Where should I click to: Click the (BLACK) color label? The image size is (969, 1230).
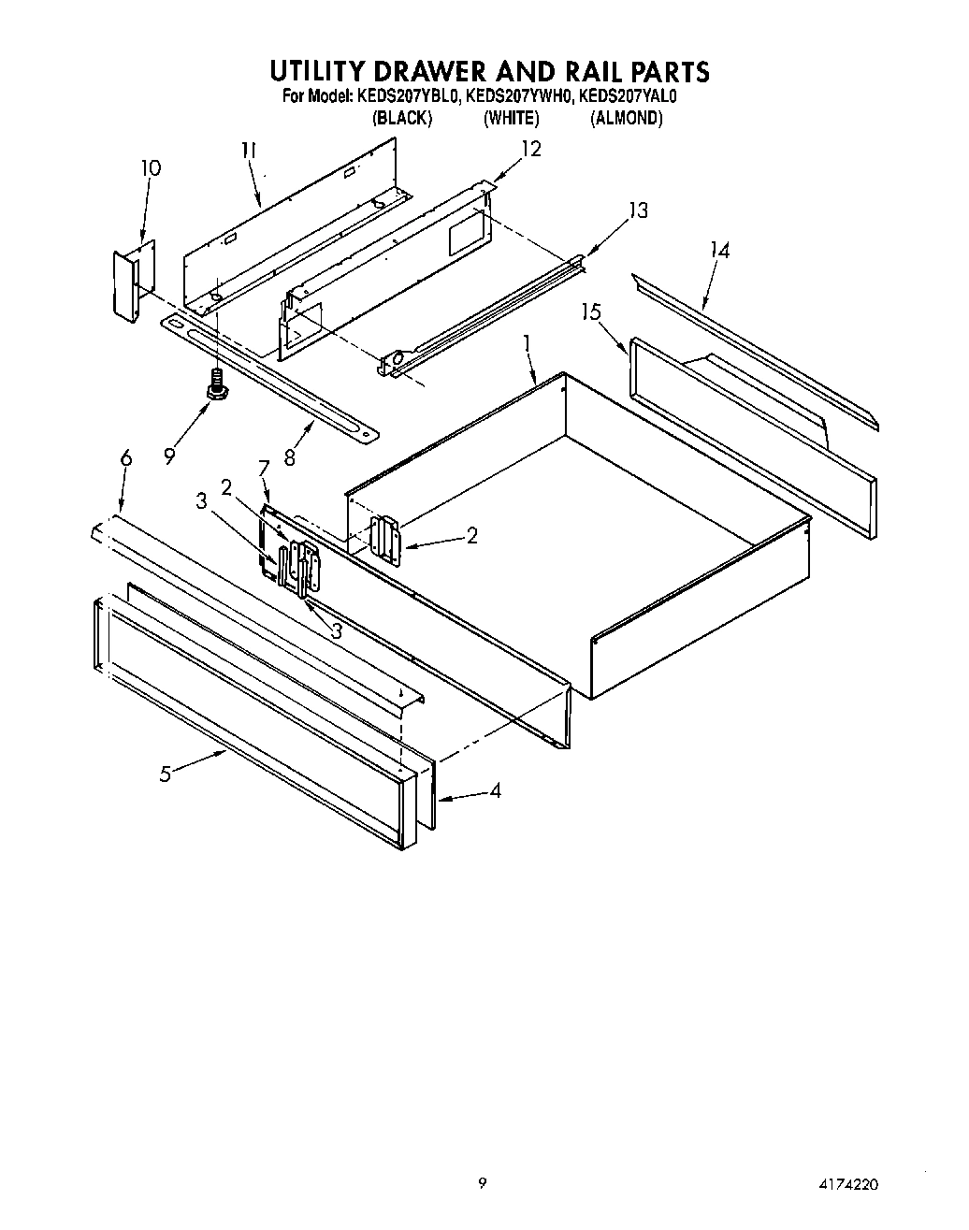point(401,118)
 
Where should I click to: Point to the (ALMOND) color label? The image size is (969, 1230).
point(626,118)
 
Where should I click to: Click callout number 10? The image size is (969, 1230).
point(151,168)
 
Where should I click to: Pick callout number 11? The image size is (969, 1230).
point(249,151)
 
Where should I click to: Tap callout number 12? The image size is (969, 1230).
point(530,149)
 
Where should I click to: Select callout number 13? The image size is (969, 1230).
point(637,210)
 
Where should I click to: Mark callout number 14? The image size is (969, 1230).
point(719,250)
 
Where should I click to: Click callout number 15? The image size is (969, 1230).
point(591,311)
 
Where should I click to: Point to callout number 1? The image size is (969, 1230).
point(527,343)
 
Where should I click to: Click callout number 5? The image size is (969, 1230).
point(165,774)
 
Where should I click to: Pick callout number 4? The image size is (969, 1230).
point(495,790)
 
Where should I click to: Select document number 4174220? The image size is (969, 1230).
point(846,1184)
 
